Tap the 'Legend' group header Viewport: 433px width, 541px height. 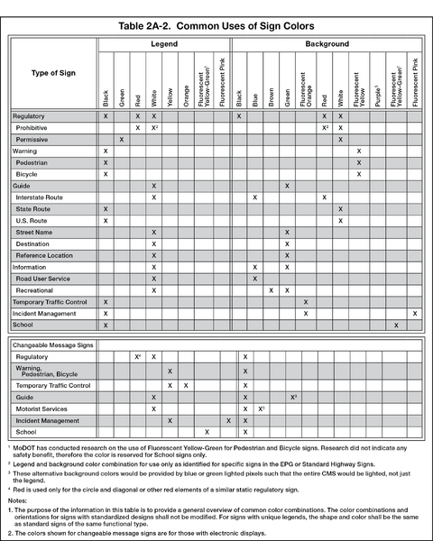[163, 43]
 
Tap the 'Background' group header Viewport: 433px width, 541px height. [326, 43]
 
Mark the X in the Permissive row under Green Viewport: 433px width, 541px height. [121, 140]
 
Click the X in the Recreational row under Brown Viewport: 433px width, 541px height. [272, 290]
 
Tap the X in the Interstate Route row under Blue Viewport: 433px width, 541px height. [255, 197]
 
